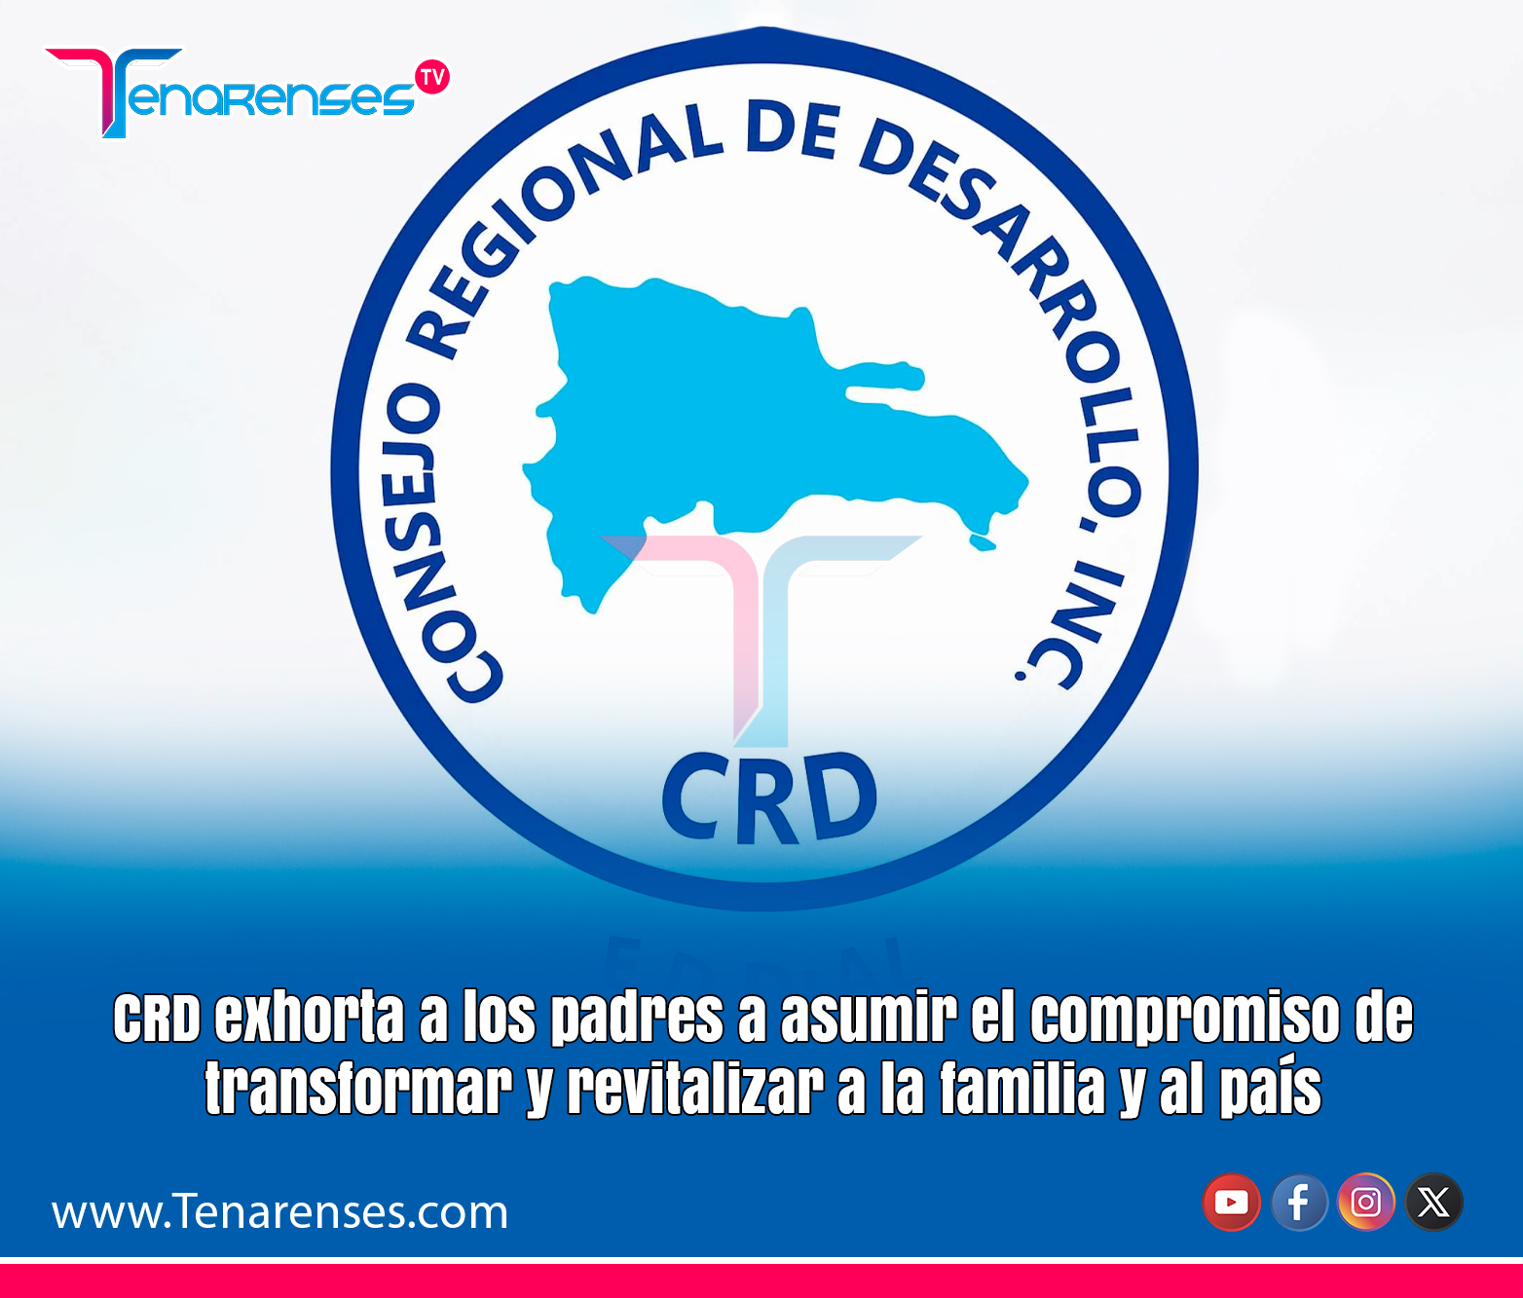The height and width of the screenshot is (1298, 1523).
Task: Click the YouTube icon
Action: (x=1231, y=1203)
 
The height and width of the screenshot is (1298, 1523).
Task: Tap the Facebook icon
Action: (x=1299, y=1203)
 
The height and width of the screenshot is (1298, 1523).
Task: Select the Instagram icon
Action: (x=1366, y=1203)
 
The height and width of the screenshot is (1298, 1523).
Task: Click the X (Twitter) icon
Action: (x=1433, y=1203)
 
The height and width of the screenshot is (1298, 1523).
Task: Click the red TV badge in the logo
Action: (x=432, y=77)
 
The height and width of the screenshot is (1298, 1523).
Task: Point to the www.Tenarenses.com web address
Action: (x=280, y=1211)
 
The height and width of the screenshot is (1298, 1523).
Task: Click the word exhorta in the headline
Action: (x=310, y=1019)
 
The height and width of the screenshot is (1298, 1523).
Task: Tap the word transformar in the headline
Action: (x=358, y=1088)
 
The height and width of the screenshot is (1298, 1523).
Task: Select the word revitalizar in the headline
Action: (x=695, y=1088)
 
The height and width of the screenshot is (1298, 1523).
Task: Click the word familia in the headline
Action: (x=1022, y=1088)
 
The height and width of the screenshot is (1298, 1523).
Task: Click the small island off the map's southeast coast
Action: (x=983, y=543)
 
